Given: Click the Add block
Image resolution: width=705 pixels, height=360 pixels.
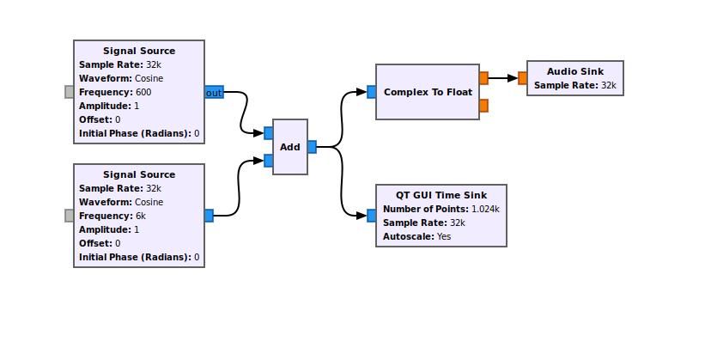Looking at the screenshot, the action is tap(290, 147).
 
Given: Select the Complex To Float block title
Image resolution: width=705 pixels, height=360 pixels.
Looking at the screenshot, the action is tap(428, 92).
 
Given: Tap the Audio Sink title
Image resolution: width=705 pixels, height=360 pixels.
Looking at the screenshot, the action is tap(575, 71).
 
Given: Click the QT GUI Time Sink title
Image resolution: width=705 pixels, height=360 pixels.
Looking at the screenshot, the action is tap(441, 195).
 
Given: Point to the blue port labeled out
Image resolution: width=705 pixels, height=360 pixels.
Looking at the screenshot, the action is tap(214, 92).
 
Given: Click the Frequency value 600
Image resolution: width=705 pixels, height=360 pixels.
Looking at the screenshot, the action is tap(143, 92).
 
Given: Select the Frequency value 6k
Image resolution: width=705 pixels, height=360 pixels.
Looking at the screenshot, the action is tap(141, 216).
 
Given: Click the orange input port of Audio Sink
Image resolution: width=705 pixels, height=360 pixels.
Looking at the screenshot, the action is tap(522, 78).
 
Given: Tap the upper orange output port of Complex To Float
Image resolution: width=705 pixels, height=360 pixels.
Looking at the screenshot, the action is tap(483, 78).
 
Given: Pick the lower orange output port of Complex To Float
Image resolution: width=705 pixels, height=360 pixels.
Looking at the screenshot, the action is tap(483, 106).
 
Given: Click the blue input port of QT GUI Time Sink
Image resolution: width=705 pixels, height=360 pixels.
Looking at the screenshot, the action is tap(371, 216).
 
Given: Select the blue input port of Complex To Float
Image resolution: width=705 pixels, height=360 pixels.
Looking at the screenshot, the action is tap(371, 92).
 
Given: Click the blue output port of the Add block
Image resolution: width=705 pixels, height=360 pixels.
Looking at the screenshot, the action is tap(312, 147).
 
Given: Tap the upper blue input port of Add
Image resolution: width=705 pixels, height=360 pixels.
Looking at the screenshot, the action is tap(269, 133).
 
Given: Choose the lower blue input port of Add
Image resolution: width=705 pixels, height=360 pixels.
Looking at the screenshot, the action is tap(269, 161).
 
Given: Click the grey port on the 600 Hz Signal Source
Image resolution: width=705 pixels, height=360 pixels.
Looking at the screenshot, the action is tap(70, 92).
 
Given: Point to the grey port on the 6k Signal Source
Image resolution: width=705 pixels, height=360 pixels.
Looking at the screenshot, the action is tap(70, 216).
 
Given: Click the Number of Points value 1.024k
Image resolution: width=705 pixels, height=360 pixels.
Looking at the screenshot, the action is tap(485, 210).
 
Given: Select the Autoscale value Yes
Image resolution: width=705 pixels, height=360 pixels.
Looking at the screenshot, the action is tap(444, 236).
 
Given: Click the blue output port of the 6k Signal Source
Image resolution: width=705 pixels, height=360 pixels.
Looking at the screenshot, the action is tap(209, 216).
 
